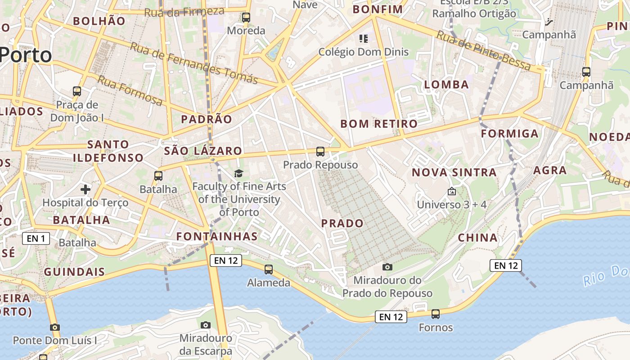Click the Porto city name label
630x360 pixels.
tap(26, 55)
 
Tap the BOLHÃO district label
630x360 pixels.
tap(99, 21)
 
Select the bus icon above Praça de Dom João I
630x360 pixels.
tap(77, 91)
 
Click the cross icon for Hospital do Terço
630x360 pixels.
tap(85, 189)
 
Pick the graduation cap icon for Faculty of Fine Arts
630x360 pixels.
tap(238, 173)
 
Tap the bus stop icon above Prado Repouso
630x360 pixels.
tap(320, 152)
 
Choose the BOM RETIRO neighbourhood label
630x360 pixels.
tap(379, 123)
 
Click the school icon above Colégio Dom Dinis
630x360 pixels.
tap(364, 39)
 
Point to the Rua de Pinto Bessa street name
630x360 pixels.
tap(484, 50)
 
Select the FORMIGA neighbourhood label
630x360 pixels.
tap(509, 134)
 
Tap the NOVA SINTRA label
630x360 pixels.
tap(454, 172)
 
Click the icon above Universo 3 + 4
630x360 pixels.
tap(452, 192)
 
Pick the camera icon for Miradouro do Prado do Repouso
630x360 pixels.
tap(387, 267)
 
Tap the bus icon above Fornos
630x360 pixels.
tap(436, 314)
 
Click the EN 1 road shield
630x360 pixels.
tap(36, 238)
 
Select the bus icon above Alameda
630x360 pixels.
tap(269, 270)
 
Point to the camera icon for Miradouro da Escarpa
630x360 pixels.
tap(206, 325)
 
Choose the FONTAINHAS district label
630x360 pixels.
tap(217, 236)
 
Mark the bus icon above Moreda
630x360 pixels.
tap(246, 18)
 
